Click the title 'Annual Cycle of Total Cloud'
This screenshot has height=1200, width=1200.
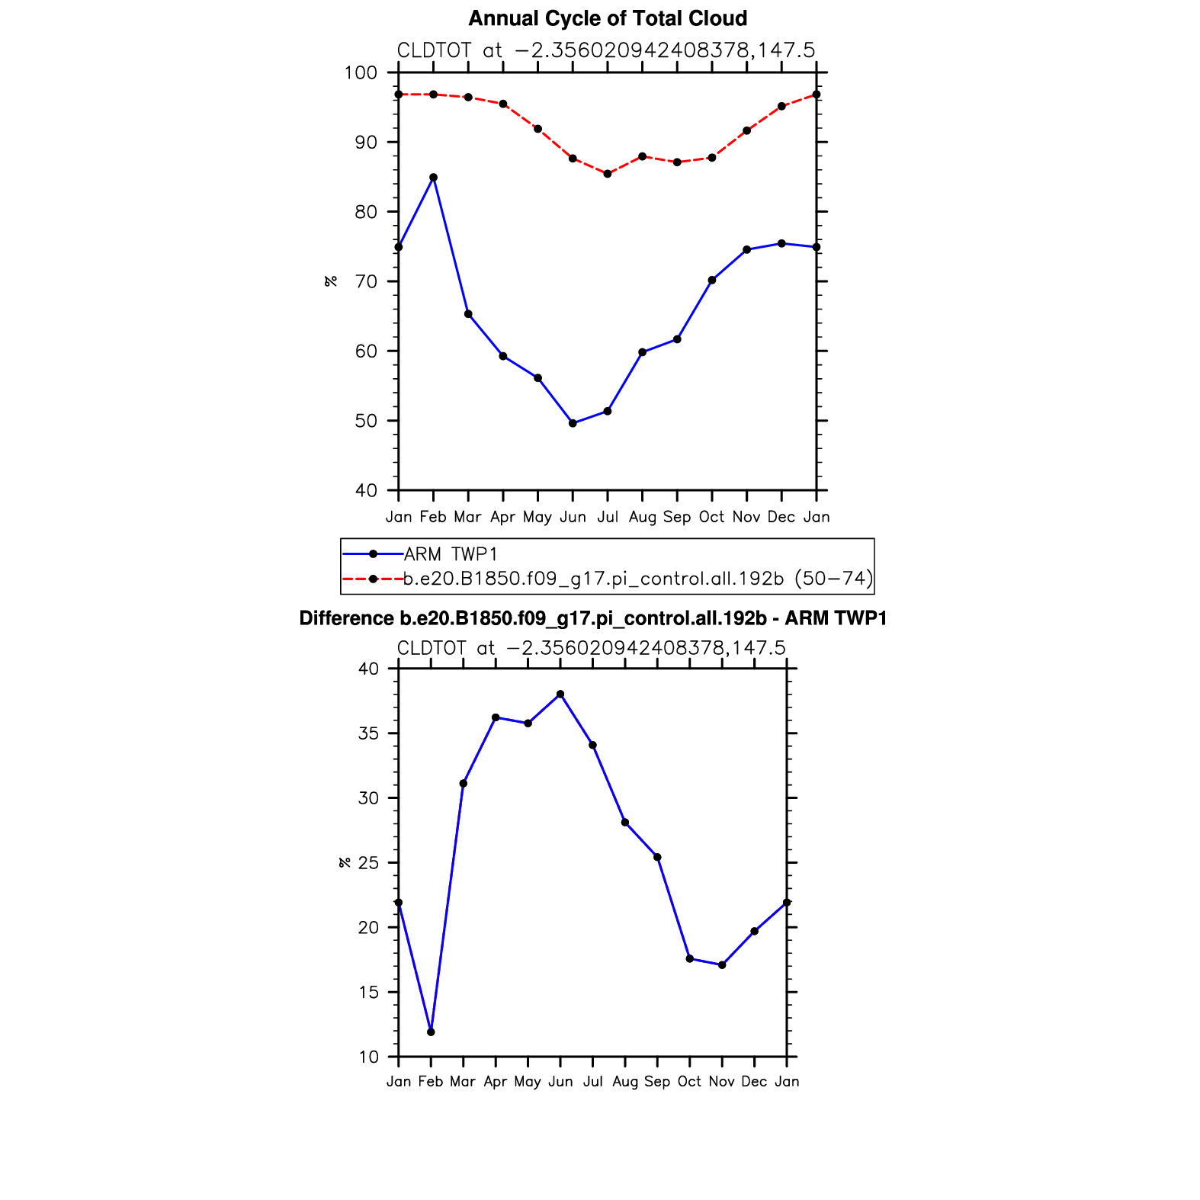608,18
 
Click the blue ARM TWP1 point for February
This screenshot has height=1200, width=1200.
433,178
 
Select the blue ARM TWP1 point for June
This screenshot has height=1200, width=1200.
573,423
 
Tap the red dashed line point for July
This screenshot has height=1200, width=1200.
608,174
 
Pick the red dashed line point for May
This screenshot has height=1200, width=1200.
537,129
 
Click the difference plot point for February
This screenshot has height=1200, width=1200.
431,1032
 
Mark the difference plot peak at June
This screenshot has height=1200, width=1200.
560,695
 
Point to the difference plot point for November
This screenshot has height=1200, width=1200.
722,965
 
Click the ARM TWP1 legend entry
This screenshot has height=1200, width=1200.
451,554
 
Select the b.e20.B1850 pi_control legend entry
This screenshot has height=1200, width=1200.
637,579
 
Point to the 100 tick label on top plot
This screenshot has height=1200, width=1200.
361,73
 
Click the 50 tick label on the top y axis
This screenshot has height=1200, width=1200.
366,421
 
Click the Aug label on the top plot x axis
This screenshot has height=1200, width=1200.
642,518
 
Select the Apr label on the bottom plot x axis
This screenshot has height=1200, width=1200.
496,1082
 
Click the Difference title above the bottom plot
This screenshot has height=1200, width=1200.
593,618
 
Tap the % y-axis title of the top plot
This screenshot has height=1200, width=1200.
331,281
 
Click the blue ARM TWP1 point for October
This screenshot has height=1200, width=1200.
712,281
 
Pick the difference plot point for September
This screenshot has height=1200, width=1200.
657,858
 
